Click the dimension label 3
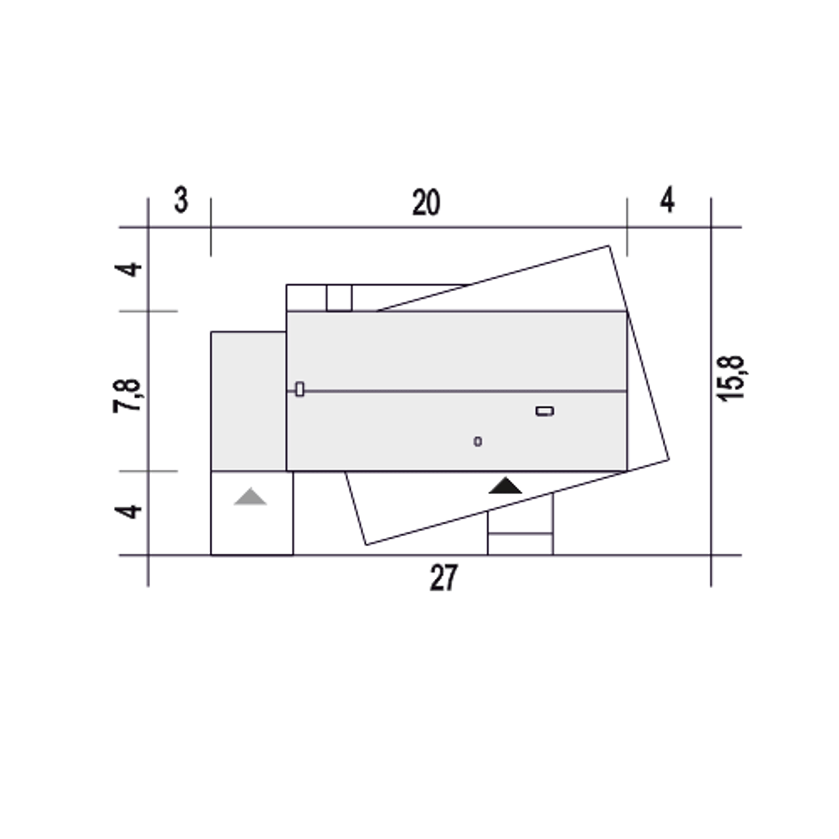click(x=181, y=201)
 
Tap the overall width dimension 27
click(x=444, y=577)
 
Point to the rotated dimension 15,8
click(x=732, y=378)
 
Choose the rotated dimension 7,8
click(x=127, y=396)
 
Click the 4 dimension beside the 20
click(x=667, y=201)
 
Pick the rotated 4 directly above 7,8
click(x=128, y=269)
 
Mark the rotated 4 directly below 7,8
click(x=128, y=512)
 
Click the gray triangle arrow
click(x=250, y=497)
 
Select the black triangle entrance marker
click(x=505, y=486)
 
